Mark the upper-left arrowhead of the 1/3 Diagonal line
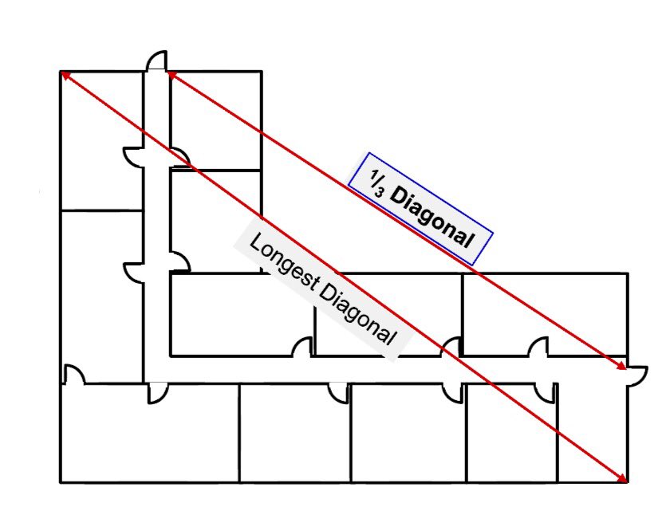pyautogui.click(x=171, y=74)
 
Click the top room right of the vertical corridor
pyautogui.click(x=215, y=120)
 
